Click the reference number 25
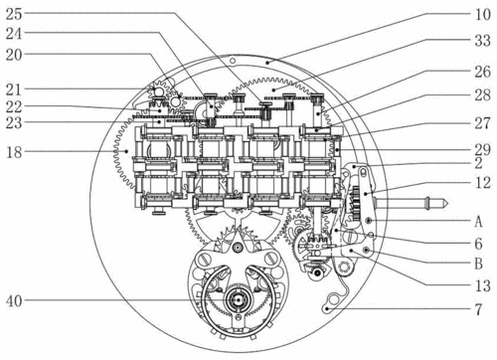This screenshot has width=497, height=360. [x=14, y=14]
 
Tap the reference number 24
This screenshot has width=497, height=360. [x=14, y=34]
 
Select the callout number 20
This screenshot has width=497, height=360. [x=14, y=55]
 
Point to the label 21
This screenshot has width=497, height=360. [x=14, y=90]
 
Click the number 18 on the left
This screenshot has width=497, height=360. [x=14, y=152]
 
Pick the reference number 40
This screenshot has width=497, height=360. [x=14, y=301]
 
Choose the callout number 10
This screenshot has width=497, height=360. [x=482, y=14]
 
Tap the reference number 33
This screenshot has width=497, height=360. [x=482, y=41]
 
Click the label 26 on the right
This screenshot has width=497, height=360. [x=482, y=72]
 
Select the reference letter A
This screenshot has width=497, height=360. [x=478, y=221]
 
